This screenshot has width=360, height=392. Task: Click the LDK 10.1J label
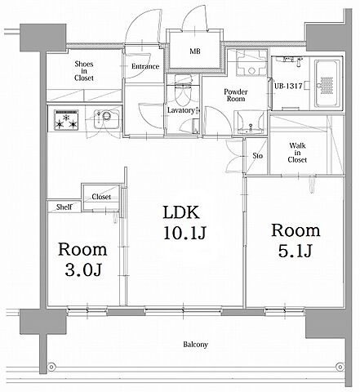pos(185,223)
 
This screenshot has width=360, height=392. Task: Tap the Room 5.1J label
pos(296,240)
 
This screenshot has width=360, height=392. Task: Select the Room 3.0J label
pos(82,260)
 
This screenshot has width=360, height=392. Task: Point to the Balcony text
pos(195,345)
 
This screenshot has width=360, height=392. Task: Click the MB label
pos(195,51)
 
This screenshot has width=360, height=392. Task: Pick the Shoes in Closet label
pos(84,71)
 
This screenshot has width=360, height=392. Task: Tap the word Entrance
pos(145,66)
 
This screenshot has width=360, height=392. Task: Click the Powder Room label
pos(236,95)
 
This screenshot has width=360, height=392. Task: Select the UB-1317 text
pos(288,86)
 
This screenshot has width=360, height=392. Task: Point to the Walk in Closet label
pos(297,153)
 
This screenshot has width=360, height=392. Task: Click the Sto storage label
pos(257,155)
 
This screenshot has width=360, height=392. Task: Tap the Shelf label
pos(64,207)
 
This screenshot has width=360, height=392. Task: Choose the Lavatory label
pos(181,110)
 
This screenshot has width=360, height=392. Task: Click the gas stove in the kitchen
pos(66,120)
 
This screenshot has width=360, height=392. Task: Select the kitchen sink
pos(106,119)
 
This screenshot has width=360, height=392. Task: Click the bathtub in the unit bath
pos(327,84)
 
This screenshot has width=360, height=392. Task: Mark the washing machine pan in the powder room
pos(251,63)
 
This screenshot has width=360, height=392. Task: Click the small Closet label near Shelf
pos(101,197)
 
